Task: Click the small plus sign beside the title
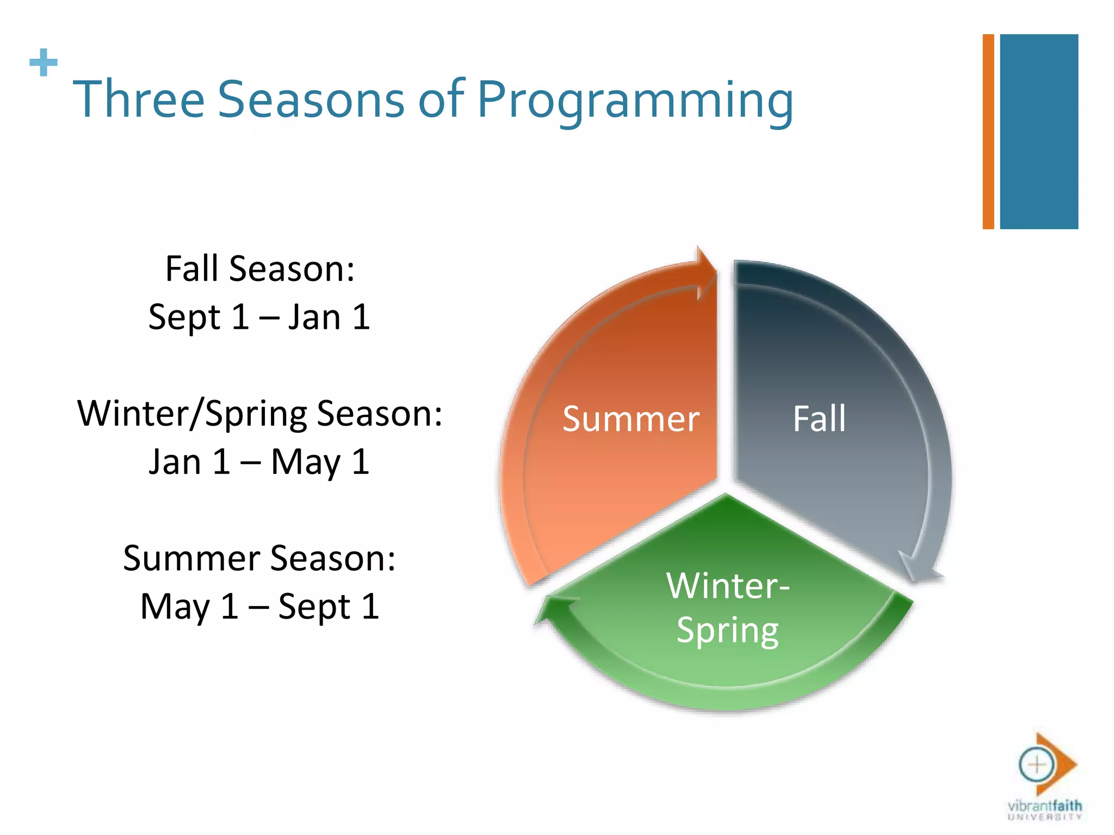tap(44, 63)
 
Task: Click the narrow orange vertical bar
tap(988, 132)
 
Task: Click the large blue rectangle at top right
tap(1039, 132)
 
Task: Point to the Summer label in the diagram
tap(630, 419)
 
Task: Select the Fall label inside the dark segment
tap(819, 419)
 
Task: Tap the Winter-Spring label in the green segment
tap(728, 608)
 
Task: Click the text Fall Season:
tap(260, 269)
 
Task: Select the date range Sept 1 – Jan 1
tap(259, 317)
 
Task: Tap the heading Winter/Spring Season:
tap(260, 414)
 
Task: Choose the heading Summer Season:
tap(259, 558)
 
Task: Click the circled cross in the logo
tap(1036, 765)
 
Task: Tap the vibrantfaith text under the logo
tap(1044, 805)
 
